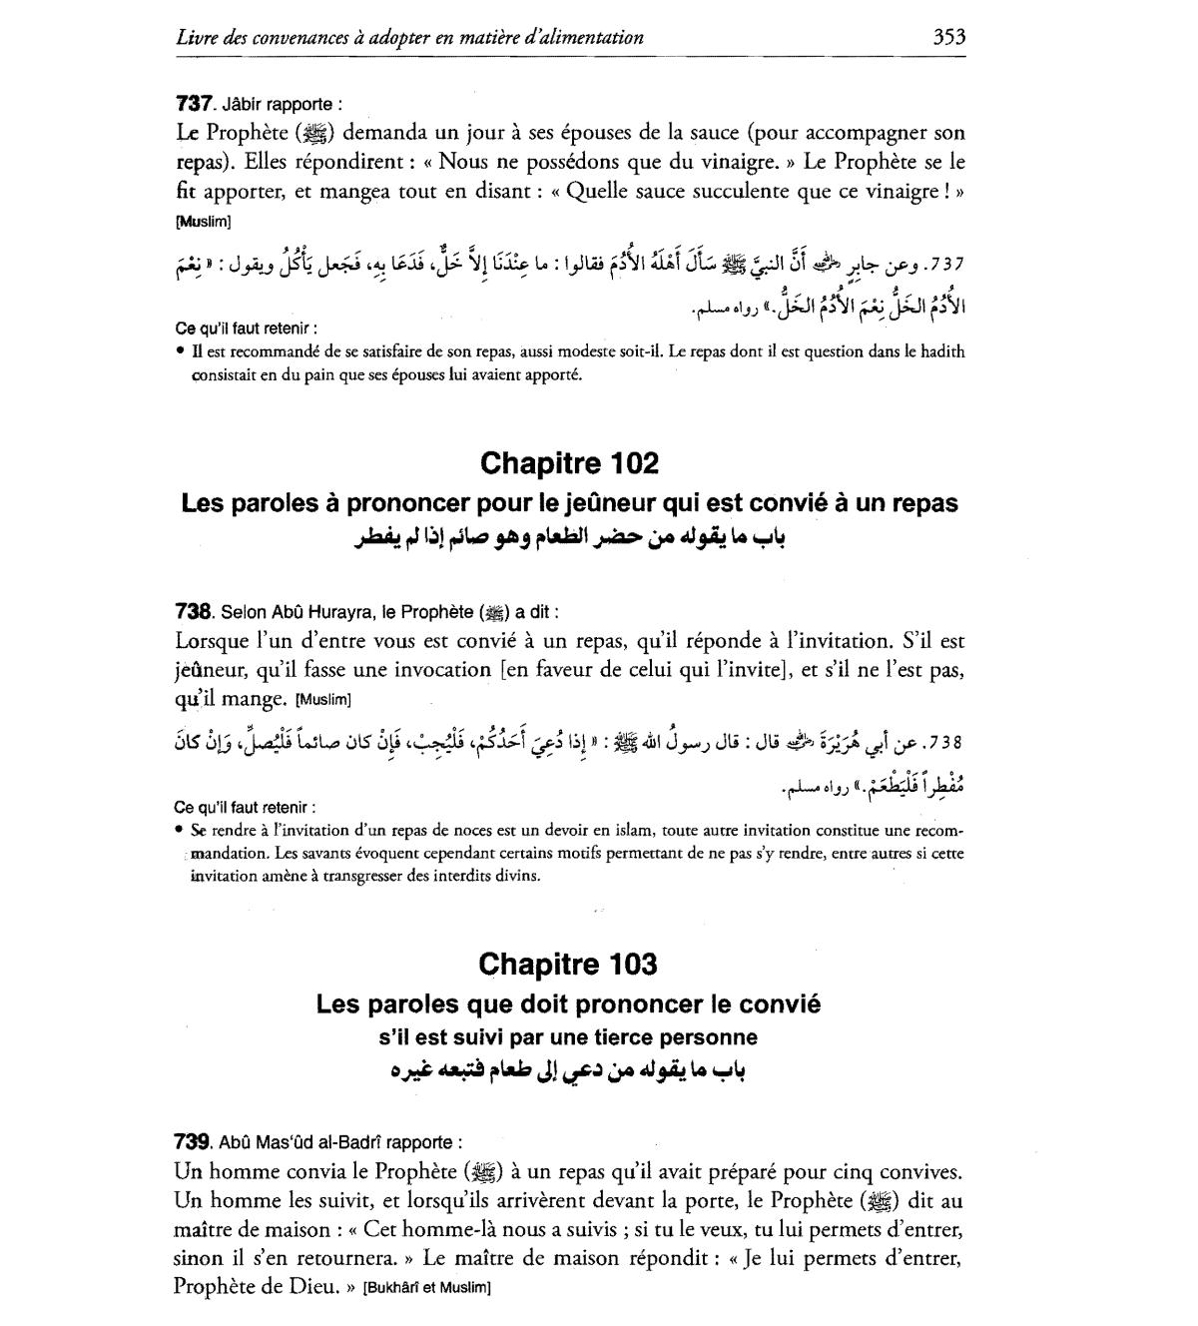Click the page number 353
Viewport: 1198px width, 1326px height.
pyautogui.click(x=948, y=38)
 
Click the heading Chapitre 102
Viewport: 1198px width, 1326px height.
pyautogui.click(x=569, y=463)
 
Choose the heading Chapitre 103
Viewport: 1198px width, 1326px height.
pyautogui.click(x=568, y=964)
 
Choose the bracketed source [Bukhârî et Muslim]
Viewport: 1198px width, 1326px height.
pyautogui.click(x=427, y=1288)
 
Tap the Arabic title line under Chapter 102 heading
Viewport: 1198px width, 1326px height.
pyautogui.click(x=569, y=538)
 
